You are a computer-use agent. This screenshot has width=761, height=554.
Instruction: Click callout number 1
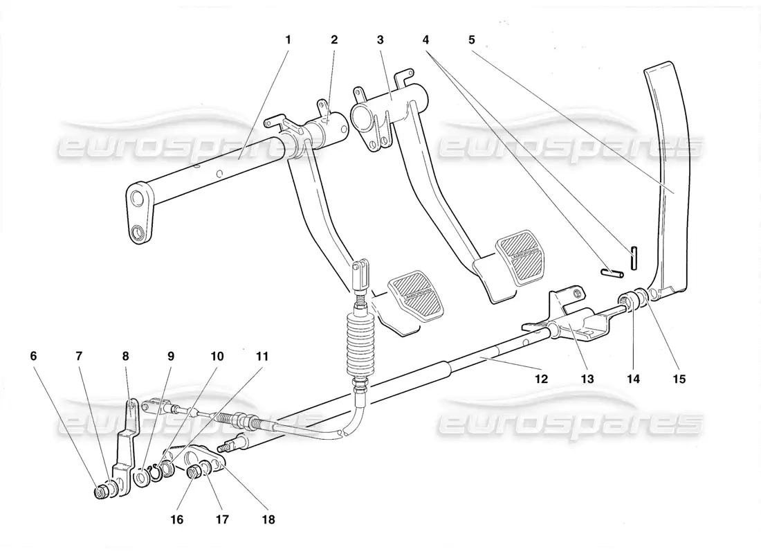click(x=288, y=39)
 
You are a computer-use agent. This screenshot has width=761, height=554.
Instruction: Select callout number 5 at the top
click(x=471, y=39)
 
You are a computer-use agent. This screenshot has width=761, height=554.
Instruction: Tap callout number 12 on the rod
click(x=541, y=379)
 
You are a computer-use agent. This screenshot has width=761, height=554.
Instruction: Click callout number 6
click(x=34, y=357)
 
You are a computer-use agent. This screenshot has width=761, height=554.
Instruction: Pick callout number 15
click(x=679, y=379)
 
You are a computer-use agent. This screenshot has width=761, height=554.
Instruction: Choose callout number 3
click(x=380, y=39)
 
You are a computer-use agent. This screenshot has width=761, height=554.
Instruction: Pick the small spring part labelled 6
click(x=102, y=493)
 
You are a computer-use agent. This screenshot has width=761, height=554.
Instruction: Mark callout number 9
click(x=171, y=357)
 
